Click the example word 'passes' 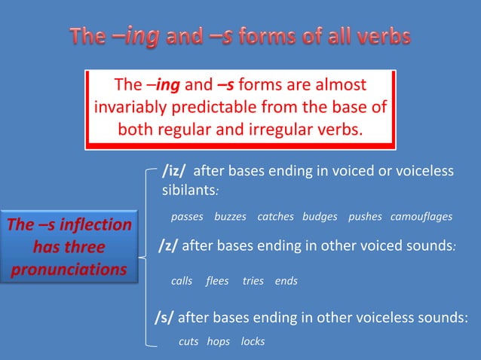tap(187, 217)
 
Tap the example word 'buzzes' tap(230, 217)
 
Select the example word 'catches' tap(275, 217)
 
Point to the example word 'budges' tap(320, 217)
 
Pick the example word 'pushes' tap(365, 217)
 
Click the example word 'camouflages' tap(421, 217)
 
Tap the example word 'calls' tap(182, 281)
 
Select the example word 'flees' tap(217, 281)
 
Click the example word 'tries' tap(253, 281)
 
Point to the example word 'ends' tap(286, 281)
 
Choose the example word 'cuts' tap(188, 341)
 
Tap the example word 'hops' tap(218, 341)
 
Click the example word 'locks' tap(253, 341)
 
